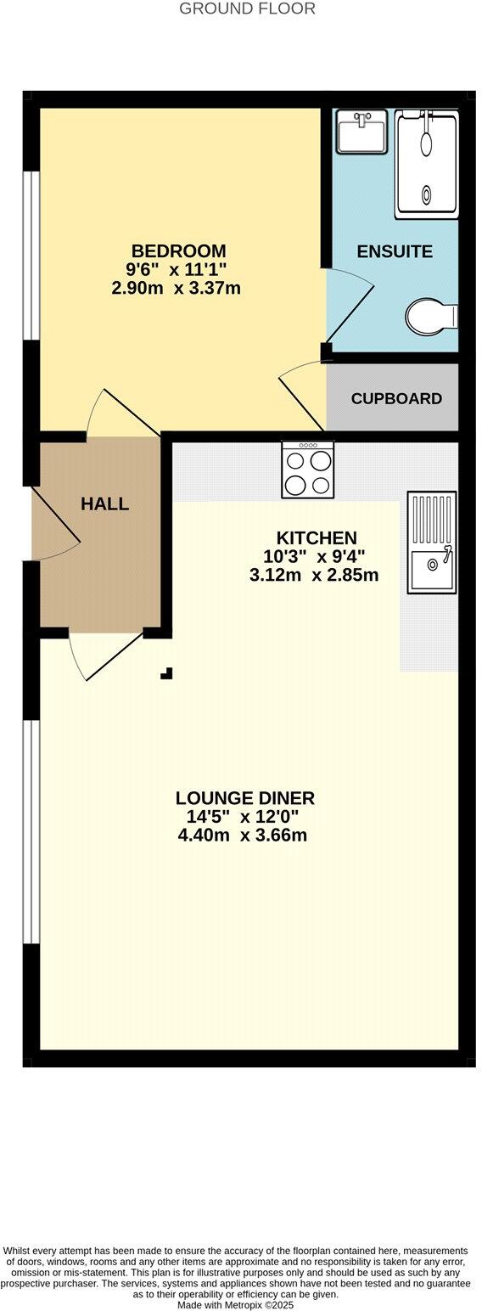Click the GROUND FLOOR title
[x=247, y=8]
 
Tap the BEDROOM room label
[x=178, y=251]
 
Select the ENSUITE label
[x=395, y=251]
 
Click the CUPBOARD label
[x=396, y=398]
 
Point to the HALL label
[x=105, y=504]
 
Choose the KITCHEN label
[x=317, y=537]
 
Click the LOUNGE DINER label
[x=245, y=798]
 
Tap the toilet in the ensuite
[x=431, y=317]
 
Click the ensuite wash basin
[x=361, y=132]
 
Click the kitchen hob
[x=308, y=470]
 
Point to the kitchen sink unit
[x=431, y=542]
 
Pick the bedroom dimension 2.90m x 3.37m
[x=177, y=289]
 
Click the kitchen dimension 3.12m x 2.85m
[x=314, y=576]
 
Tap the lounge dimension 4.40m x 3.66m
[x=243, y=836]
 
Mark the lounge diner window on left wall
[x=31, y=831]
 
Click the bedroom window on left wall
[x=31, y=255]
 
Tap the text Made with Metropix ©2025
[x=236, y=1305]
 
